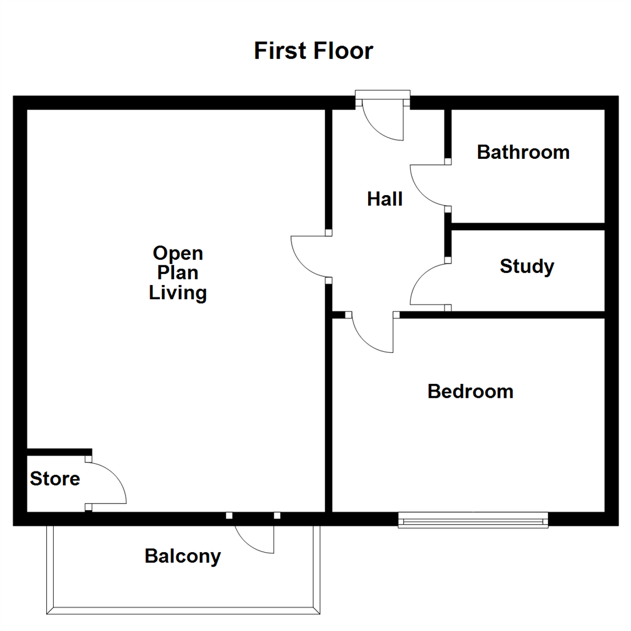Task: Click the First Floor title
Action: coord(313,51)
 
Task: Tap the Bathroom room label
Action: coord(523,152)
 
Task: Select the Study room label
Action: coord(526,266)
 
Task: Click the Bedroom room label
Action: coord(470,391)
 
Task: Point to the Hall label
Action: coord(384,199)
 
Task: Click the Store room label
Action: coord(55,479)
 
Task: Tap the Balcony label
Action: coord(183,556)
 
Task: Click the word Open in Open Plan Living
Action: coord(178,254)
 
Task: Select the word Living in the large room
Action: coord(178,292)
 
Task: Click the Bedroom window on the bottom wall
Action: coord(473,520)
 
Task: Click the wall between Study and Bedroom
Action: coord(502,315)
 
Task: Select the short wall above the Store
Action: coord(59,452)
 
